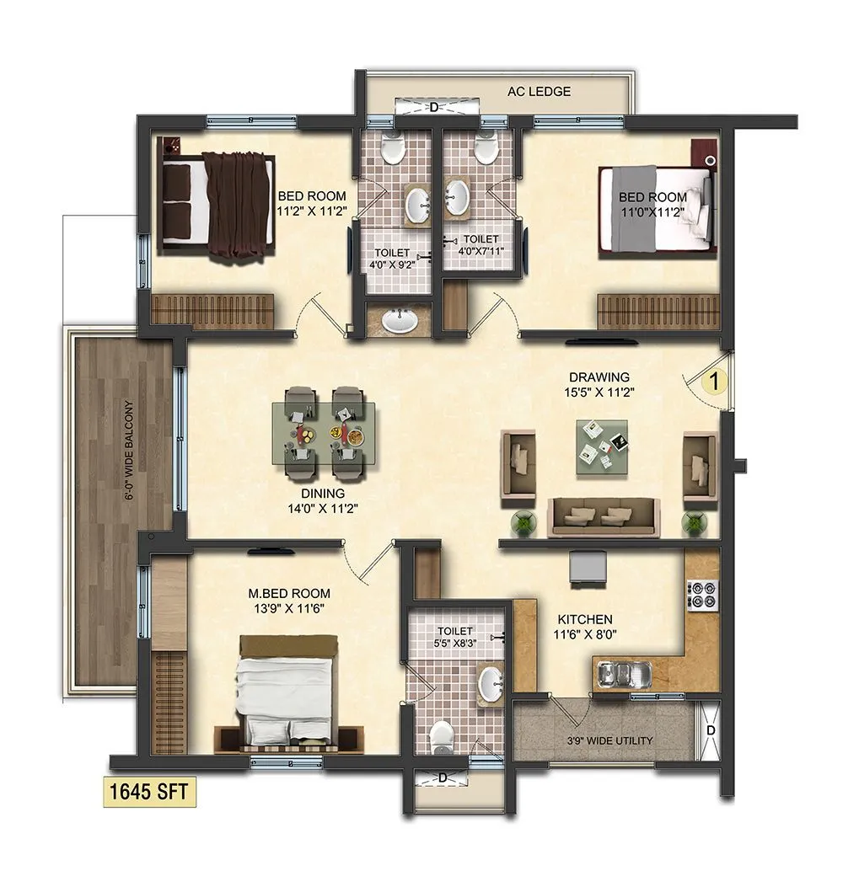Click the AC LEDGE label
point(538,91)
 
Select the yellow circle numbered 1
point(714,381)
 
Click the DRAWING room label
point(599,377)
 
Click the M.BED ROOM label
point(289,593)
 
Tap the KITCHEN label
point(583,618)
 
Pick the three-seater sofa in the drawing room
point(603,516)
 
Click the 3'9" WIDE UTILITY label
point(610,740)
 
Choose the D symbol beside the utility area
point(711,729)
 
